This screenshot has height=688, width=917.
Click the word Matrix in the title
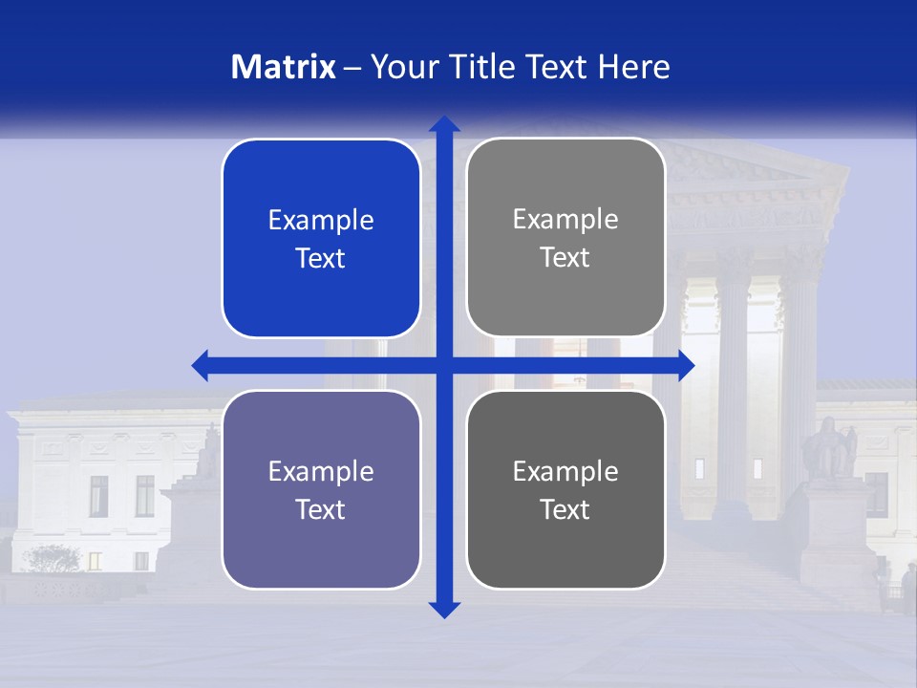point(284,67)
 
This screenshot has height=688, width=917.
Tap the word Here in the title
point(634,67)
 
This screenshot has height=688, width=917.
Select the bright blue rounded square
point(321,239)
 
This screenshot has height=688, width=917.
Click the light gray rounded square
point(565,238)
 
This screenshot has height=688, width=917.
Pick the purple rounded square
point(321,489)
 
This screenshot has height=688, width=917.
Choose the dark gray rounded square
point(565,489)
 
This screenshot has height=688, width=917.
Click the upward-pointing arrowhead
point(444,124)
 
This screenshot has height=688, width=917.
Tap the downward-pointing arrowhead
point(444,610)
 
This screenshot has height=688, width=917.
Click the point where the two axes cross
point(444,365)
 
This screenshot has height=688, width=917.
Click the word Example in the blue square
point(321,221)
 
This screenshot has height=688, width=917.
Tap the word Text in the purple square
point(321,509)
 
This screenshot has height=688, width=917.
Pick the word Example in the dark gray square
point(565,471)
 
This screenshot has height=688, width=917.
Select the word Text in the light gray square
point(565,258)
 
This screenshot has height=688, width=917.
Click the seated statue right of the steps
point(828,449)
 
